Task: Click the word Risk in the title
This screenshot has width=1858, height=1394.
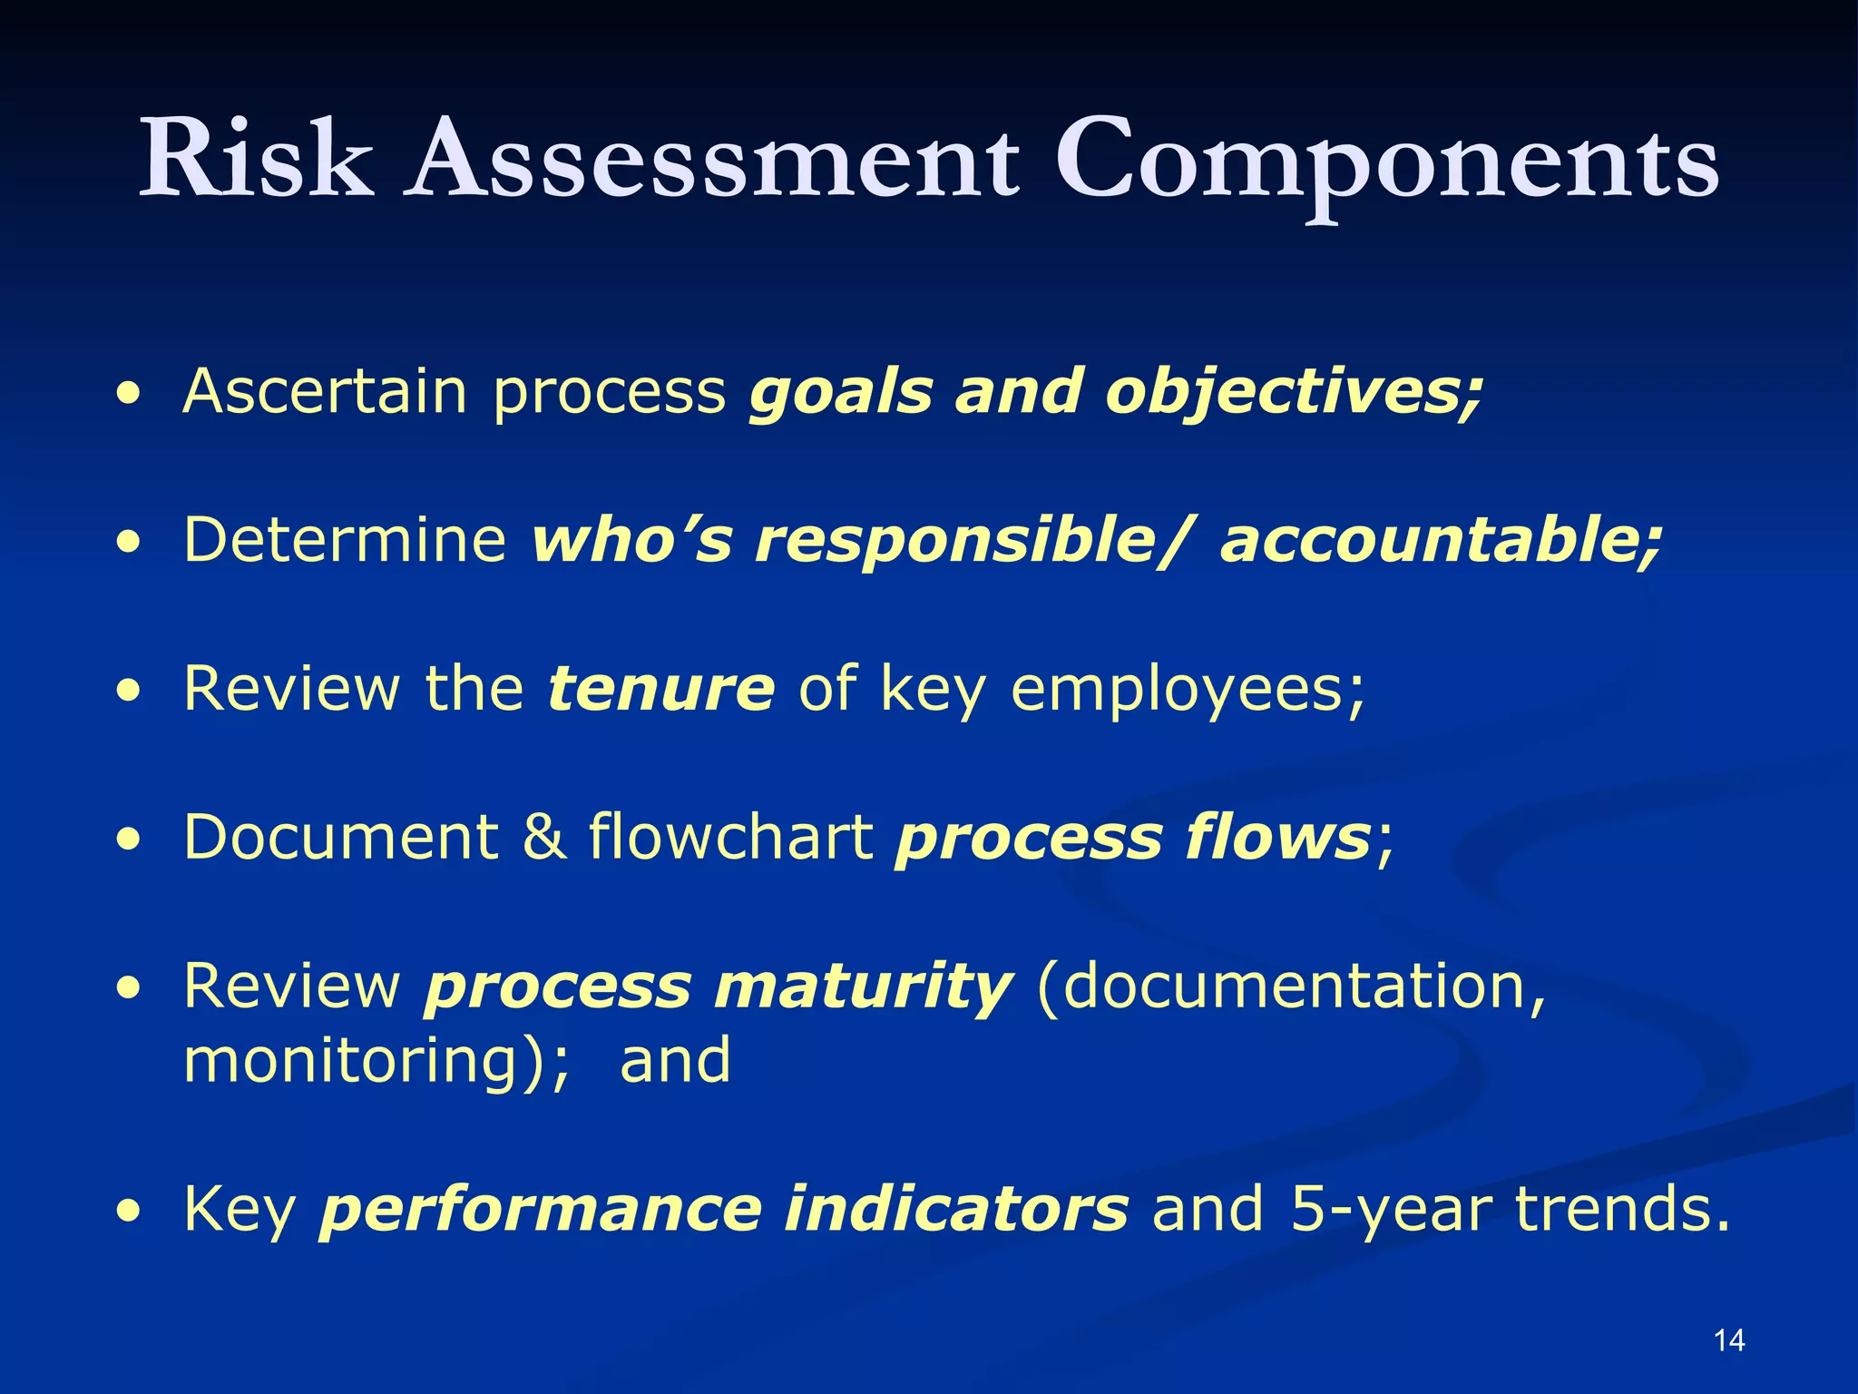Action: (x=256, y=159)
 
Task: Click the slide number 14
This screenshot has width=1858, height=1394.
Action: (x=1729, y=1340)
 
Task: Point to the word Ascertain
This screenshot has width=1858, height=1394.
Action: (x=325, y=391)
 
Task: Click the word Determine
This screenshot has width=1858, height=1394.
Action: (x=345, y=540)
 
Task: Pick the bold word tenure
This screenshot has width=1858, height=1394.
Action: (x=661, y=689)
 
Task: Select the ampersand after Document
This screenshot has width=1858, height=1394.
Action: (x=544, y=837)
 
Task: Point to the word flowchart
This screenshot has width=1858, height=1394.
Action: (x=731, y=837)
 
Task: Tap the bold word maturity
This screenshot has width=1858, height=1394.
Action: (x=863, y=987)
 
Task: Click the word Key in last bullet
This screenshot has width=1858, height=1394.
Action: (x=240, y=1211)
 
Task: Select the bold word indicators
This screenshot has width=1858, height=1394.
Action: (x=956, y=1209)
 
